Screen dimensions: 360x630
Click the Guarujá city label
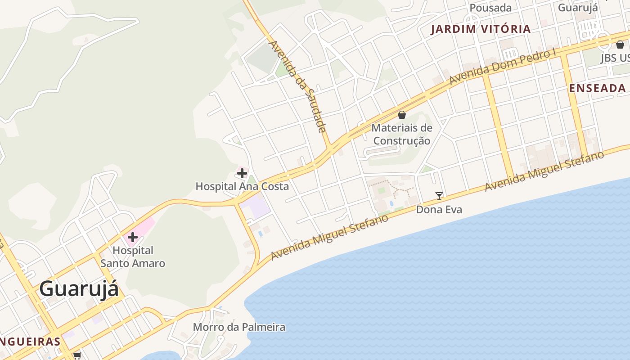pyautogui.click(x=79, y=288)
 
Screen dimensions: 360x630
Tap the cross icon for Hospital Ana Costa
pyautogui.click(x=242, y=173)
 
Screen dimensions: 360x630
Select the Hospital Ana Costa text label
pyautogui.click(x=242, y=186)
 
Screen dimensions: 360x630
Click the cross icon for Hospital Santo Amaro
pyautogui.click(x=132, y=237)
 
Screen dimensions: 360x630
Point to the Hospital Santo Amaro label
pyautogui.click(x=133, y=256)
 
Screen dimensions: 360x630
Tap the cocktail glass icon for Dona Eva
pyautogui.click(x=439, y=196)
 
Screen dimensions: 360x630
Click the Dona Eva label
pyautogui.click(x=439, y=210)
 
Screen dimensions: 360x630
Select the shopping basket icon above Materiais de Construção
pyautogui.click(x=402, y=115)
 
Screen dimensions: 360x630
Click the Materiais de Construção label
pyautogui.click(x=402, y=134)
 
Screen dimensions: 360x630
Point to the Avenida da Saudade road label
pyautogui.click(x=297, y=86)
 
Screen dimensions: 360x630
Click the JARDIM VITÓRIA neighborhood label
pyautogui.click(x=481, y=29)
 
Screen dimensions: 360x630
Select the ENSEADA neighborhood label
pyautogui.click(x=598, y=88)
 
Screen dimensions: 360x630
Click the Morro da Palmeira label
pyautogui.click(x=239, y=327)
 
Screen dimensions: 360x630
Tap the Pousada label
pyautogui.click(x=490, y=8)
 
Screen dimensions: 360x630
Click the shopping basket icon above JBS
pyautogui.click(x=620, y=45)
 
